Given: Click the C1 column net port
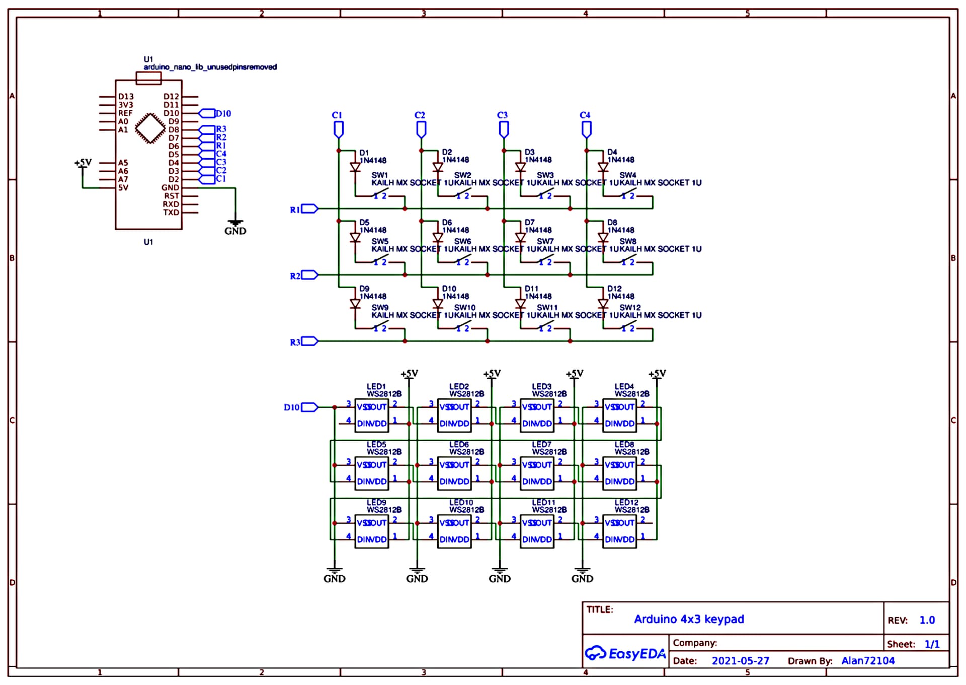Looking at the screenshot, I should tap(339, 129).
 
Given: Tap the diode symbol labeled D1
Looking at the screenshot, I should tap(355, 167).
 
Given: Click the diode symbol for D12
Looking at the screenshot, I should tap(603, 304).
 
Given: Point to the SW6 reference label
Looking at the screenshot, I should tap(462, 241).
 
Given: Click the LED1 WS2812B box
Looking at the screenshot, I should tap(371, 416).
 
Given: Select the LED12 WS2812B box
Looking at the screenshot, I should tap(619, 531).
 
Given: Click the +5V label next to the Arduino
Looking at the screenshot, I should tap(83, 163).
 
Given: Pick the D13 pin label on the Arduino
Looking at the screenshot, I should tap(126, 97).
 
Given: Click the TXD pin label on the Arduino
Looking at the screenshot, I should tap(171, 213).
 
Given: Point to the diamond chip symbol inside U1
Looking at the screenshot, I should tap(150, 128).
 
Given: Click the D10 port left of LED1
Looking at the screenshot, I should tap(309, 407).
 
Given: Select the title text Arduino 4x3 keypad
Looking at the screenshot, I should tap(688, 619).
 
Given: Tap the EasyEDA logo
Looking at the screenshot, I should tap(625, 653).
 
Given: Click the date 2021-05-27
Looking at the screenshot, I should tap(740, 661).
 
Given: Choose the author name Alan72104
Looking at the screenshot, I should tap(868, 661).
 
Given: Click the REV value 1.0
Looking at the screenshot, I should tap(927, 621).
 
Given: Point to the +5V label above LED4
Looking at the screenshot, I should tap(657, 374).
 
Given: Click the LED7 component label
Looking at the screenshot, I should tap(541, 444).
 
